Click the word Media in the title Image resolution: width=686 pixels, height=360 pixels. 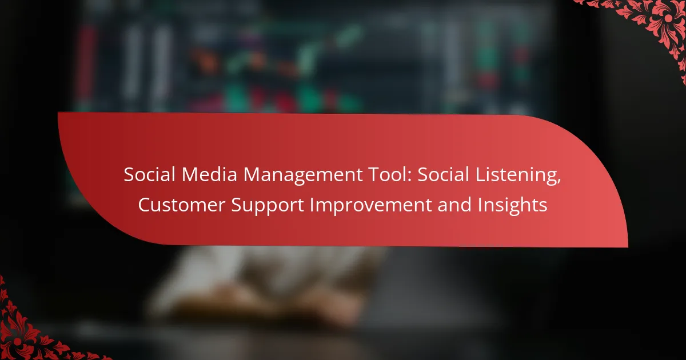[209, 174]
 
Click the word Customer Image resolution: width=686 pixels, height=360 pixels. [182, 205]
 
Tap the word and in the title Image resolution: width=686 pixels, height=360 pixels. [454, 205]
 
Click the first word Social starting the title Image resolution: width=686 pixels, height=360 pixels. [149, 174]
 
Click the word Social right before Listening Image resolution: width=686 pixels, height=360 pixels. [443, 174]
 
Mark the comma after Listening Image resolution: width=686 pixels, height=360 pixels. [559, 182]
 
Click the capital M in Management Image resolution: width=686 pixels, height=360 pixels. [252, 175]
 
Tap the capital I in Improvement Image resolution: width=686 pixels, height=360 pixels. [312, 205]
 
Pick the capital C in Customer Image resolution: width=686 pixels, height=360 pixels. [145, 205]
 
